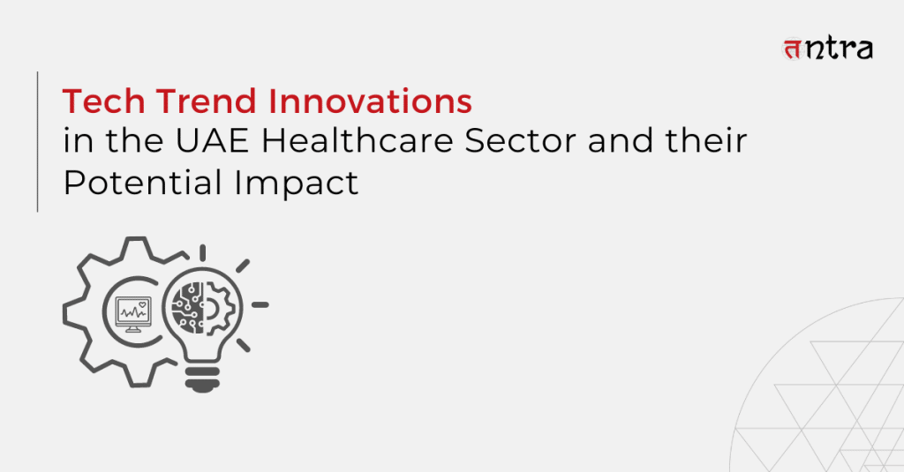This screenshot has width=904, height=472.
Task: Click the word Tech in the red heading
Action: pos(104,101)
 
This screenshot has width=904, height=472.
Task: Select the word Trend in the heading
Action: pos(206,101)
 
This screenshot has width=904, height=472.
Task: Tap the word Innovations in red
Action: pos(370,101)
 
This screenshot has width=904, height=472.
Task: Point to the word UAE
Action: pos(212,141)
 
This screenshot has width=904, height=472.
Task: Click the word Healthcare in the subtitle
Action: pos(358,141)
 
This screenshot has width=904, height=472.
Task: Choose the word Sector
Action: pos(520,141)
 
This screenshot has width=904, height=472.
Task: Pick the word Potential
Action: pos(143,183)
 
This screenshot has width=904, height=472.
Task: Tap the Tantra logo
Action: pos(827,49)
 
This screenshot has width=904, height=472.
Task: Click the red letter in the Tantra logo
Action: pos(793,49)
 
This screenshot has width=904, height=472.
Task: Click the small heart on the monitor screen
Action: pos(142,305)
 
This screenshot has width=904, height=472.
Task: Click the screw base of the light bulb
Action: pos(202,378)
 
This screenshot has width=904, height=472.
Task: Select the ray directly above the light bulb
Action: pos(202,253)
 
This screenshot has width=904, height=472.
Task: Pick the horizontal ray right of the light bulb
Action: pos(260,305)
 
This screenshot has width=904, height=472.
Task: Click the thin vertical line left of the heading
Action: pos(37,142)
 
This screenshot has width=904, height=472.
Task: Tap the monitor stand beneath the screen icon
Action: pos(133,328)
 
